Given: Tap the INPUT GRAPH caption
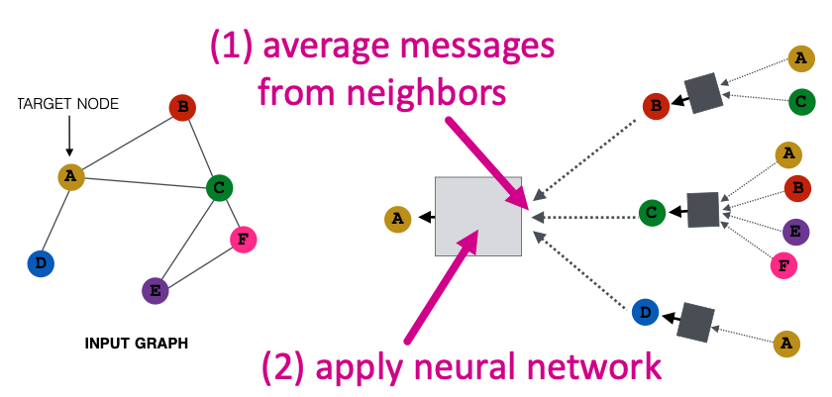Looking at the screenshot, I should [136, 344].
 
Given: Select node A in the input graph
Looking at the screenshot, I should [70, 177].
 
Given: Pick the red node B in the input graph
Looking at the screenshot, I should [181, 107].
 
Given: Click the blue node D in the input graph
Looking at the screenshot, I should [41, 263].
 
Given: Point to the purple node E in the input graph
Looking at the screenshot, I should [154, 290].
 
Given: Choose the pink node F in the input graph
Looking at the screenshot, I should [243, 239].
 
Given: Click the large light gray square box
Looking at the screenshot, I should [478, 217].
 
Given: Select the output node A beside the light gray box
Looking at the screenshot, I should [398, 218].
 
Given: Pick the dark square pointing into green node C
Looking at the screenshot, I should [703, 209].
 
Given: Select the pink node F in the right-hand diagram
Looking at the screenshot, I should [784, 265].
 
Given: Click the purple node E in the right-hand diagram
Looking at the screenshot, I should [793, 231].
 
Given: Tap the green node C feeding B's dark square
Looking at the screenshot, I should [801, 100].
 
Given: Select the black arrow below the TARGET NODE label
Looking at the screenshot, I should [68, 136].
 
